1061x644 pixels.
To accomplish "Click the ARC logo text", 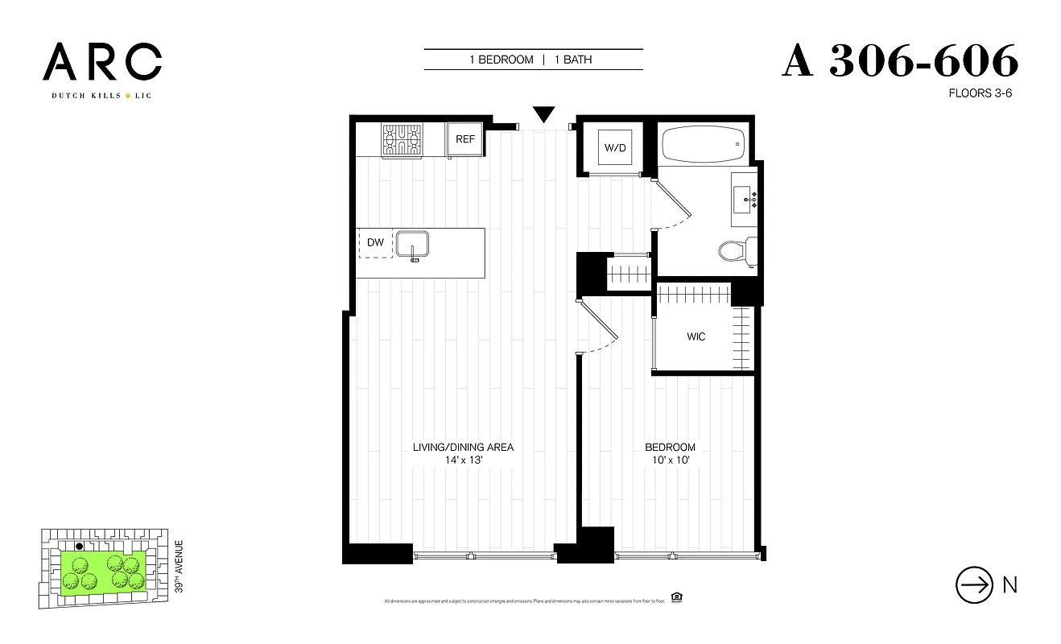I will pos(102,64).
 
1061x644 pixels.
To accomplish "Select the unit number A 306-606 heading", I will pos(900,61).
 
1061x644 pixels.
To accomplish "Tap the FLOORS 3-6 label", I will pos(980,93).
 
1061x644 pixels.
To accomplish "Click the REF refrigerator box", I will pos(465,139).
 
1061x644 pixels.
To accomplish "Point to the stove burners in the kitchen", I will pos(402,139).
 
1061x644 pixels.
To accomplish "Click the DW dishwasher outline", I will pos(375,242).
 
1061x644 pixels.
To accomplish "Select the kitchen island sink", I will pos(414,244).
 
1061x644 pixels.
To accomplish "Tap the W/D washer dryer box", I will pos(613,147).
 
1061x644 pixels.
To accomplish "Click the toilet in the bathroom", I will pos(734,251).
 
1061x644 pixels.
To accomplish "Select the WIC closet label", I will pos(696,336).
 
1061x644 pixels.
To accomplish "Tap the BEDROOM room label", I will pos(670,448).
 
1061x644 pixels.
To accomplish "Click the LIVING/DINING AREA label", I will pos(463,448).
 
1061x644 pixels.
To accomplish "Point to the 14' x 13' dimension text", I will pos(463,460).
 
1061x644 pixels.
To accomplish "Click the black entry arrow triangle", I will pos(544,115).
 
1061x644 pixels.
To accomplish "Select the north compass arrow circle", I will pos(973,585).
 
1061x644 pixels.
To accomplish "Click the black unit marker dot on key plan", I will pos(79,547).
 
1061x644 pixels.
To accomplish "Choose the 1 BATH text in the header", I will pos(572,60).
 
